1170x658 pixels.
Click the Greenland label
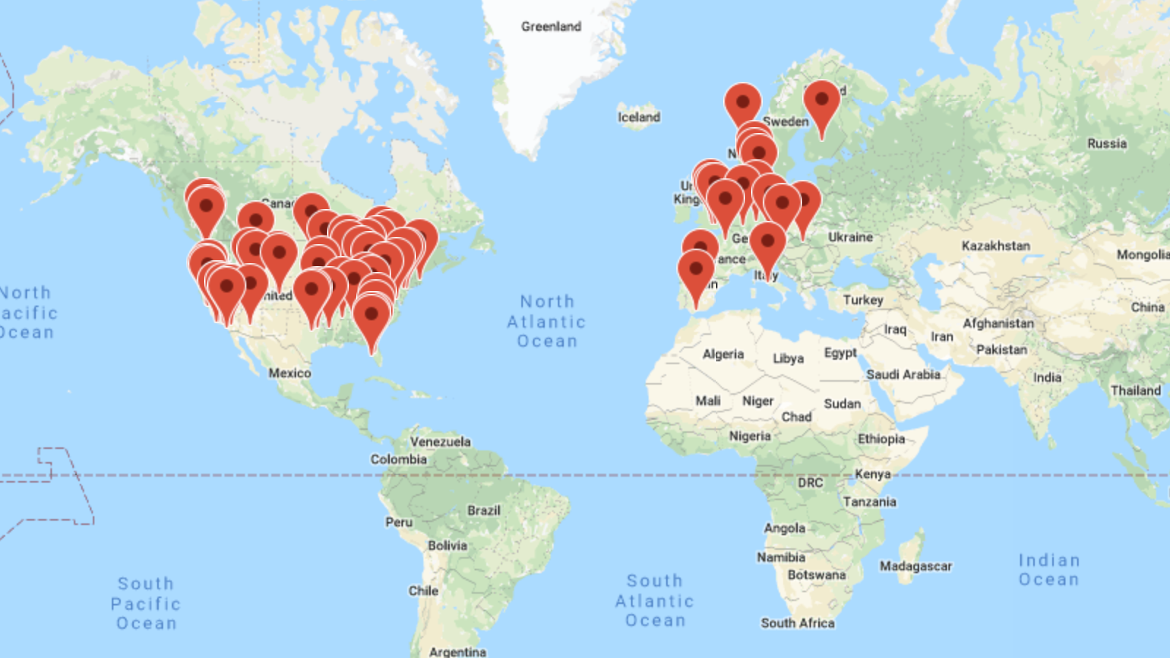tap(551, 26)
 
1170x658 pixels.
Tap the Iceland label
tap(638, 117)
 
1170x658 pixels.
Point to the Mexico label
tap(290, 373)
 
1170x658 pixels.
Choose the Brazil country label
tap(484, 510)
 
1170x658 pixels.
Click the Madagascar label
tap(916, 566)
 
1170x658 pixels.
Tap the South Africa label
tap(797, 623)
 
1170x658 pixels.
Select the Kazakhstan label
tap(995, 246)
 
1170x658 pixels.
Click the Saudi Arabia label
tap(903, 374)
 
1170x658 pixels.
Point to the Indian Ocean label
tap(1049, 570)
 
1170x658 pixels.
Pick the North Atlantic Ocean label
tap(547, 321)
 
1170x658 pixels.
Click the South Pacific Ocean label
tap(146, 603)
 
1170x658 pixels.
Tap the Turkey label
tap(863, 300)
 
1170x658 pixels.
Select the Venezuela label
tap(440, 442)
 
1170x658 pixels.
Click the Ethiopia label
tap(881, 439)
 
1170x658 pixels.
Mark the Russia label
tap(1106, 143)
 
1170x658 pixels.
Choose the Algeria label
tap(722, 354)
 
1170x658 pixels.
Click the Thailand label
tap(1136, 390)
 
